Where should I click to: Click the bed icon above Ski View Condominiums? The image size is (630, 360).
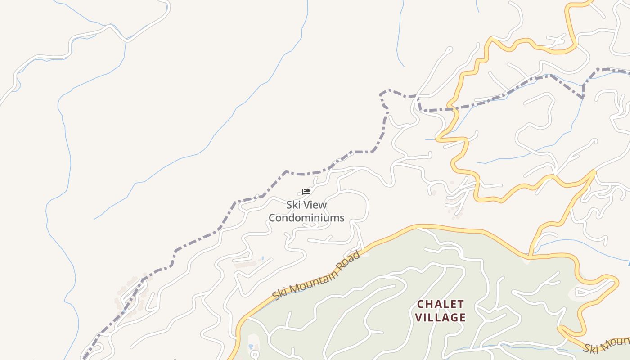point(306,191)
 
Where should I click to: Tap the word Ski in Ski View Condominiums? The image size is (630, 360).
point(293,205)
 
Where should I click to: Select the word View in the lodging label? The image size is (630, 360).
point(315,205)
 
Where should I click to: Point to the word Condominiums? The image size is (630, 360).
point(306,218)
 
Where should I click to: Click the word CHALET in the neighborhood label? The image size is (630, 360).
point(440,304)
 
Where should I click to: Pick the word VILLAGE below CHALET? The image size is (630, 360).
point(440,318)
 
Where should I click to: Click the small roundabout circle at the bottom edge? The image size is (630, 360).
point(254,354)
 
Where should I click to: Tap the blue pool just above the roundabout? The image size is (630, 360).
point(251,346)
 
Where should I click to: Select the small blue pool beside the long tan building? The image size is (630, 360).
point(262,259)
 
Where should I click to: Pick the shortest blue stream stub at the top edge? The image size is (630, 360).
point(477,5)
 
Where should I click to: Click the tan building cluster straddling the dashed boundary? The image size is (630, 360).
point(133,295)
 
